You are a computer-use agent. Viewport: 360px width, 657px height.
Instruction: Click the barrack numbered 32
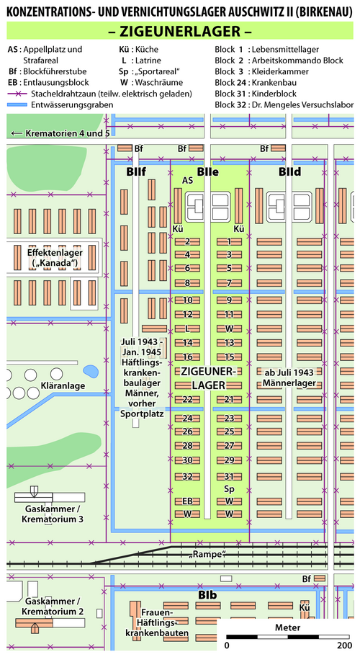(x=187, y=476)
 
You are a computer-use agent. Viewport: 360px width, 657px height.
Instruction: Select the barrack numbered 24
(x=187, y=418)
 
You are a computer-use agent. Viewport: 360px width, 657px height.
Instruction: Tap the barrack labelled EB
(x=187, y=501)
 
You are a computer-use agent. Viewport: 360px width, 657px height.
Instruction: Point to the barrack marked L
(x=187, y=328)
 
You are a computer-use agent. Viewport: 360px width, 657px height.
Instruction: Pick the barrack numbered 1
(x=229, y=241)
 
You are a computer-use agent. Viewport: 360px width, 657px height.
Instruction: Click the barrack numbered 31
(x=229, y=476)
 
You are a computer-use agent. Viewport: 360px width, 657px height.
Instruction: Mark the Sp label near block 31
(x=229, y=489)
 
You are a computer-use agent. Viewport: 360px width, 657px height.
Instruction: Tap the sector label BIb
(x=207, y=594)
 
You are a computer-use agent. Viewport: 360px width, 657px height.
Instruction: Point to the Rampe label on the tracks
(x=207, y=555)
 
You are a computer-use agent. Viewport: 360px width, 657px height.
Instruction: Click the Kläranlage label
(x=58, y=385)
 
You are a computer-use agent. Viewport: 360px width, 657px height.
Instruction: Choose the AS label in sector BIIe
(x=187, y=181)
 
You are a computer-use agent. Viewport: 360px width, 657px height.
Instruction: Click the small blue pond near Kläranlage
(x=91, y=371)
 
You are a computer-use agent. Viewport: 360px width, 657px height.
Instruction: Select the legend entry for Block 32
(x=284, y=104)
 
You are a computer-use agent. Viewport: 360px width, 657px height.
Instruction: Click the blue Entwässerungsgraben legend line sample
(x=17, y=104)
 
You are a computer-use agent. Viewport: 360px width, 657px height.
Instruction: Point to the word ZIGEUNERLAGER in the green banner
(x=180, y=31)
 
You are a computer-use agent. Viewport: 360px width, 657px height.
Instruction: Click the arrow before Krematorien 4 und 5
(x=17, y=134)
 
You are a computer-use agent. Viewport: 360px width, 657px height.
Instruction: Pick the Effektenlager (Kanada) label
(x=55, y=257)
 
